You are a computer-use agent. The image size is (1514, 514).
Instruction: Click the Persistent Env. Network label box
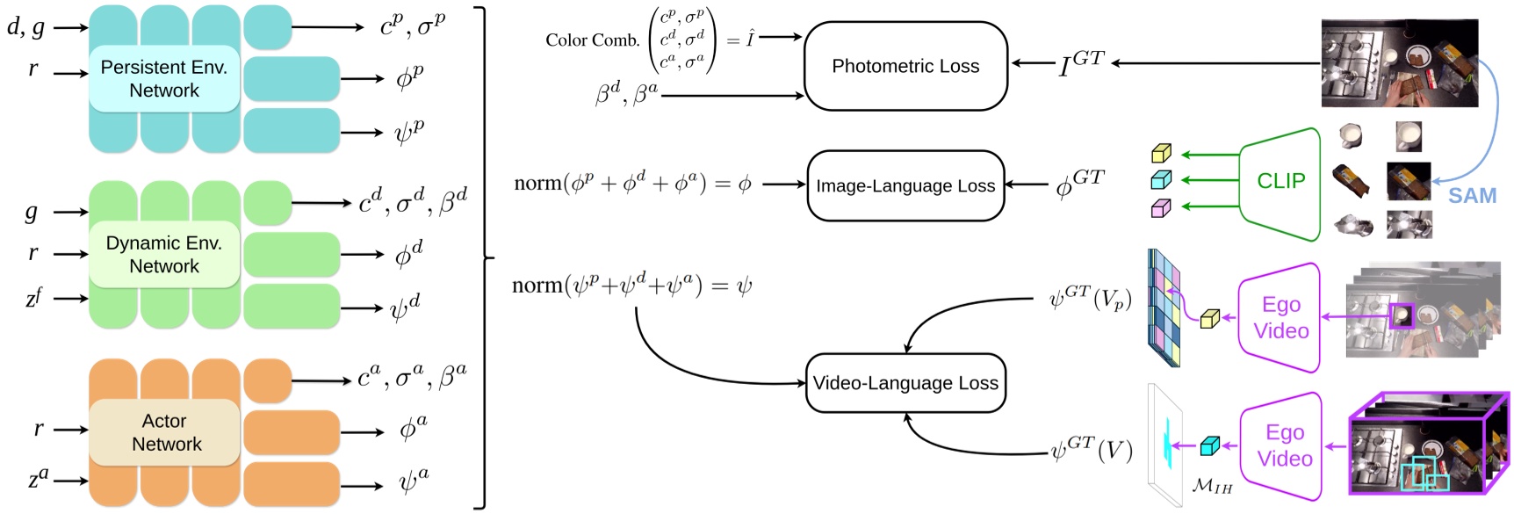click(164, 79)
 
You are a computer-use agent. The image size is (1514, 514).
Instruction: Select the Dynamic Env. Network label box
click(164, 255)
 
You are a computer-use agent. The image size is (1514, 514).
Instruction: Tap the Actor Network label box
click(164, 432)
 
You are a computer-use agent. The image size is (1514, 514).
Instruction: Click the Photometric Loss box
click(905, 66)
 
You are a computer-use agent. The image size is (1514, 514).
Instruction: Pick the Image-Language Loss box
click(905, 185)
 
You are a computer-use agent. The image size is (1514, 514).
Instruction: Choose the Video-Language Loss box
click(905, 383)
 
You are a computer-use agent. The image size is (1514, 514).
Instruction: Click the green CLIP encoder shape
click(1280, 182)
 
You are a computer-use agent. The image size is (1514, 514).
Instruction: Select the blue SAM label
click(1472, 196)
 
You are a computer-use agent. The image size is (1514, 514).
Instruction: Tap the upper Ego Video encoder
click(1280, 317)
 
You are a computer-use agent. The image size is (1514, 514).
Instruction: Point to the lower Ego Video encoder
click(1283, 445)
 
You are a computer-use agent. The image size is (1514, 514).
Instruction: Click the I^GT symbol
click(1080, 63)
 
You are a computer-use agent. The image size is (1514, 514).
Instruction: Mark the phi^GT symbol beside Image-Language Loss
click(1079, 185)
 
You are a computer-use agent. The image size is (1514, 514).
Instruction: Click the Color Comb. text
click(592, 40)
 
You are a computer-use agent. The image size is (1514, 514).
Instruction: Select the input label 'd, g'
click(26, 27)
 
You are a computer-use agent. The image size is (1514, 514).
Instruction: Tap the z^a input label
click(39, 479)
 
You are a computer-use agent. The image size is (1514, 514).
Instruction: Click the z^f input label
click(33, 298)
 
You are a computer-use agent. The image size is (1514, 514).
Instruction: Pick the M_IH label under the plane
click(1212, 485)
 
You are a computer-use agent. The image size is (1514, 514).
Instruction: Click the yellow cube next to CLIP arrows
click(1161, 154)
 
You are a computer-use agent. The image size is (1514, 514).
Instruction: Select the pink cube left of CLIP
click(1161, 208)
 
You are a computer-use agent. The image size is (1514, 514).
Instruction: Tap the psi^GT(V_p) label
click(1090, 300)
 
